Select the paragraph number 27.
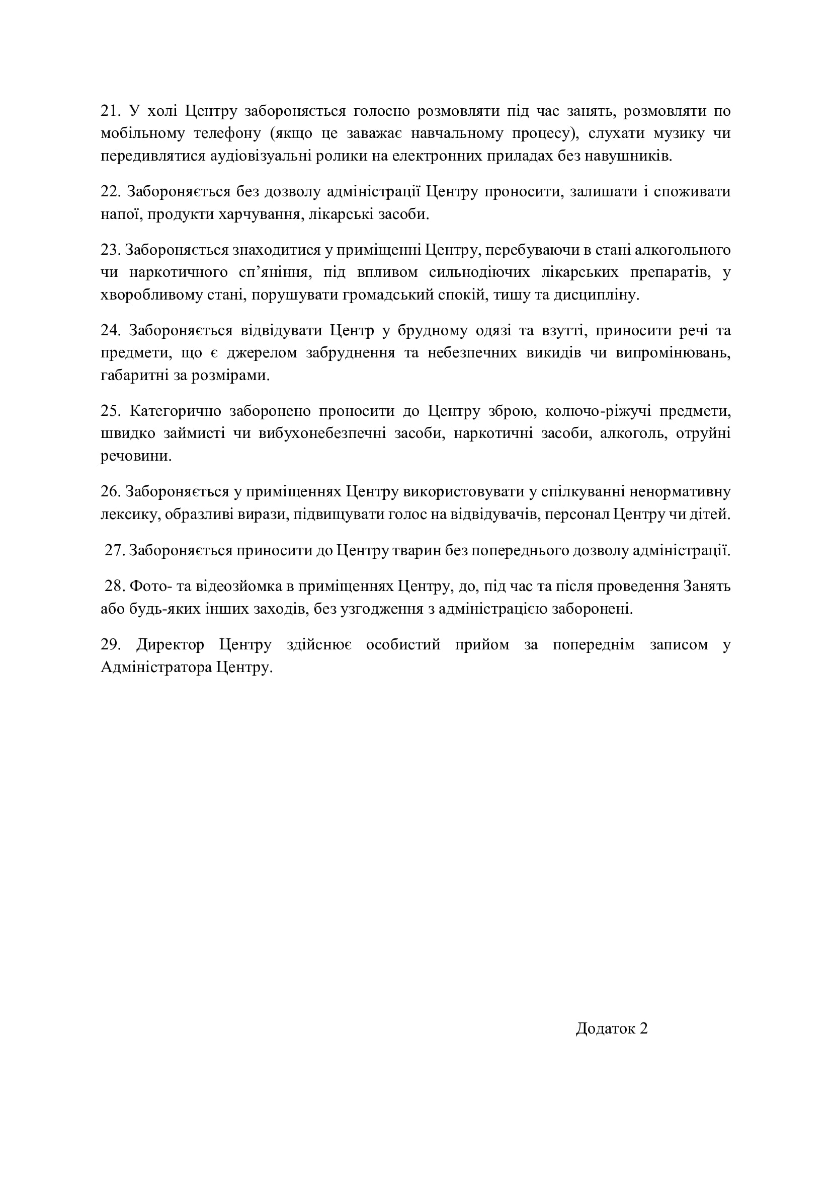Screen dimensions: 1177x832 tap(115, 551)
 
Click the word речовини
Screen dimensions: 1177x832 tap(136, 456)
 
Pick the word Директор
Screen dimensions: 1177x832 tap(170, 645)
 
